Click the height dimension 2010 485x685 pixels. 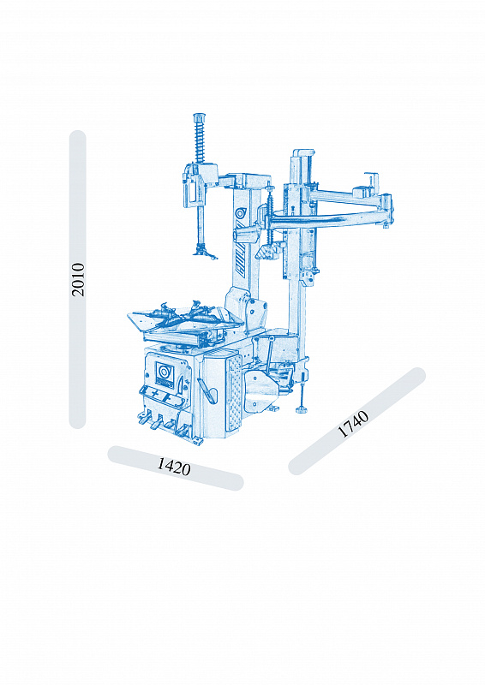point(78,280)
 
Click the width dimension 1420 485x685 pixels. point(174,467)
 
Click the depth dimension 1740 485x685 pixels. point(353,424)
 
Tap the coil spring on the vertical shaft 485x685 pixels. point(201,140)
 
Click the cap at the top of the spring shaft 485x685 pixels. point(200,117)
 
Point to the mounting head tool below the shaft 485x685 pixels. point(204,252)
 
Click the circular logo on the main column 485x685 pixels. point(241,213)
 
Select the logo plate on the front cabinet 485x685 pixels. point(165,373)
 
